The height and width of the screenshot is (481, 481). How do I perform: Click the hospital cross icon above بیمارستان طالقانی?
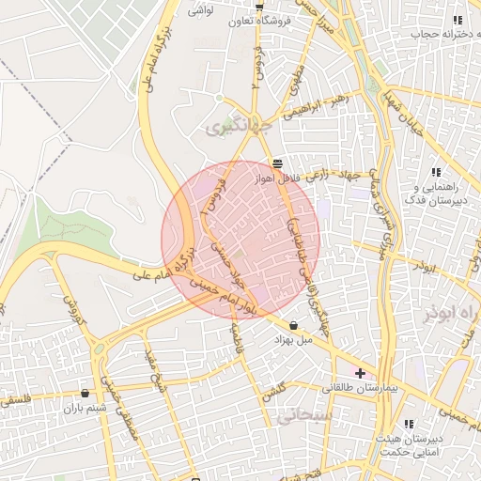360,373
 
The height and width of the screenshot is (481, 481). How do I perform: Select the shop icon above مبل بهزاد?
294,325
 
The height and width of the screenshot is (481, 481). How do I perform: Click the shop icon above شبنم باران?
86,394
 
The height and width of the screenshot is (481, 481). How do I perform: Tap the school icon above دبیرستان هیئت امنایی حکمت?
408,425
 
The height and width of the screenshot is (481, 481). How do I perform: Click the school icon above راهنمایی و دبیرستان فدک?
436,172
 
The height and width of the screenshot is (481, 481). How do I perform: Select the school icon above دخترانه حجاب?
458,20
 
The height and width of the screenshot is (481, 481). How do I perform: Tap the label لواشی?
201,10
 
